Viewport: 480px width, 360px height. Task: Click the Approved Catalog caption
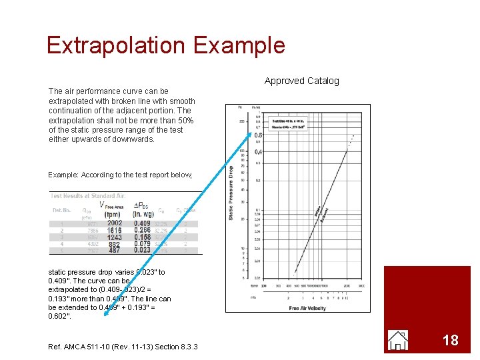(x=301, y=81)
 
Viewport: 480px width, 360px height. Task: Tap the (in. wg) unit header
(x=143, y=214)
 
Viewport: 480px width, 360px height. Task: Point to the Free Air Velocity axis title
(x=307, y=307)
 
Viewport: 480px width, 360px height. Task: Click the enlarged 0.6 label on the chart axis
(x=258, y=135)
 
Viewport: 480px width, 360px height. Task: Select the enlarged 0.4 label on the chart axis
(x=258, y=152)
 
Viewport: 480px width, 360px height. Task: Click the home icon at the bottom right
(x=398, y=340)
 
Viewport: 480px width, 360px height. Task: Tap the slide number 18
(x=451, y=340)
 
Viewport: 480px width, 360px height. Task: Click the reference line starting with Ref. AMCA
(x=123, y=345)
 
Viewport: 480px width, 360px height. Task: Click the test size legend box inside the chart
(x=289, y=125)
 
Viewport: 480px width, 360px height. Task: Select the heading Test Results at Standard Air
(x=88, y=196)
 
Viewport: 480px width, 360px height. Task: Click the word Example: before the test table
(x=63, y=175)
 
